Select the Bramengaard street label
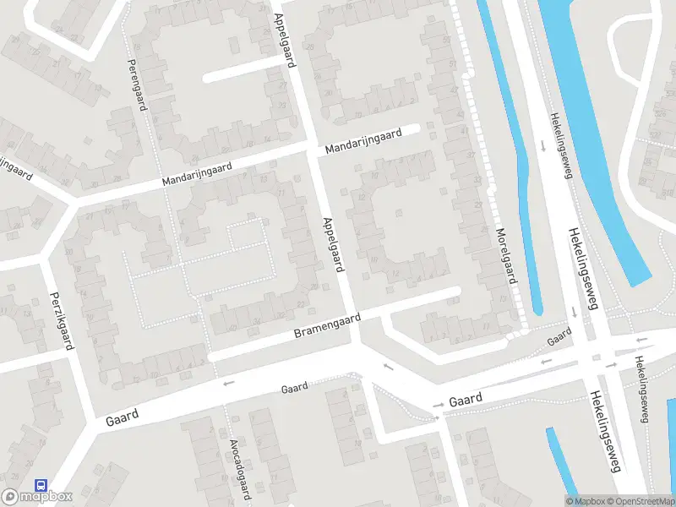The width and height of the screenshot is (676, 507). point(327,326)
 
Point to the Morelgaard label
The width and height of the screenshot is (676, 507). point(505,256)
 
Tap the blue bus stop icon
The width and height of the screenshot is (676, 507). point(40,486)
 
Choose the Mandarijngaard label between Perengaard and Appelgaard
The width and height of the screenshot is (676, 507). point(198,174)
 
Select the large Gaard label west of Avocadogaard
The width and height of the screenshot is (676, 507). point(123,416)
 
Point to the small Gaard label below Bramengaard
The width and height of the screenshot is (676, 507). point(294,389)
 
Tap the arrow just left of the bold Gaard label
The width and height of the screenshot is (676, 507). point(439,406)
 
